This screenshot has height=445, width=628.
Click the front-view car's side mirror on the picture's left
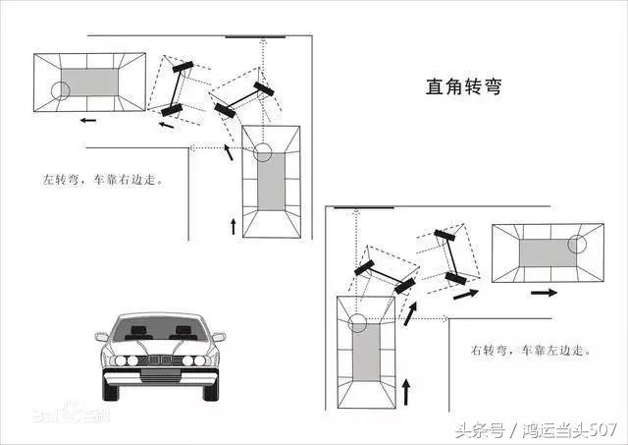click(102, 337)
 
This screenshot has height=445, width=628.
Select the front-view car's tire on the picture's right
click(210, 385)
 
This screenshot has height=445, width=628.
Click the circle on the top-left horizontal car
click(62, 91)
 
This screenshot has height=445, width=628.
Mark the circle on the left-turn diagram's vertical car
click(262, 152)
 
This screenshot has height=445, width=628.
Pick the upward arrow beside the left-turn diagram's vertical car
click(233, 226)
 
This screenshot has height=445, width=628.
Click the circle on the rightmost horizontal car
click(578, 243)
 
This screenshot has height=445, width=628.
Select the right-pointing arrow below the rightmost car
click(543, 292)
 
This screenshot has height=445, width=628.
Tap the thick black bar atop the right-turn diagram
click(364, 208)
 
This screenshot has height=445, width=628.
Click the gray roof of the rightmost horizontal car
click(544, 252)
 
